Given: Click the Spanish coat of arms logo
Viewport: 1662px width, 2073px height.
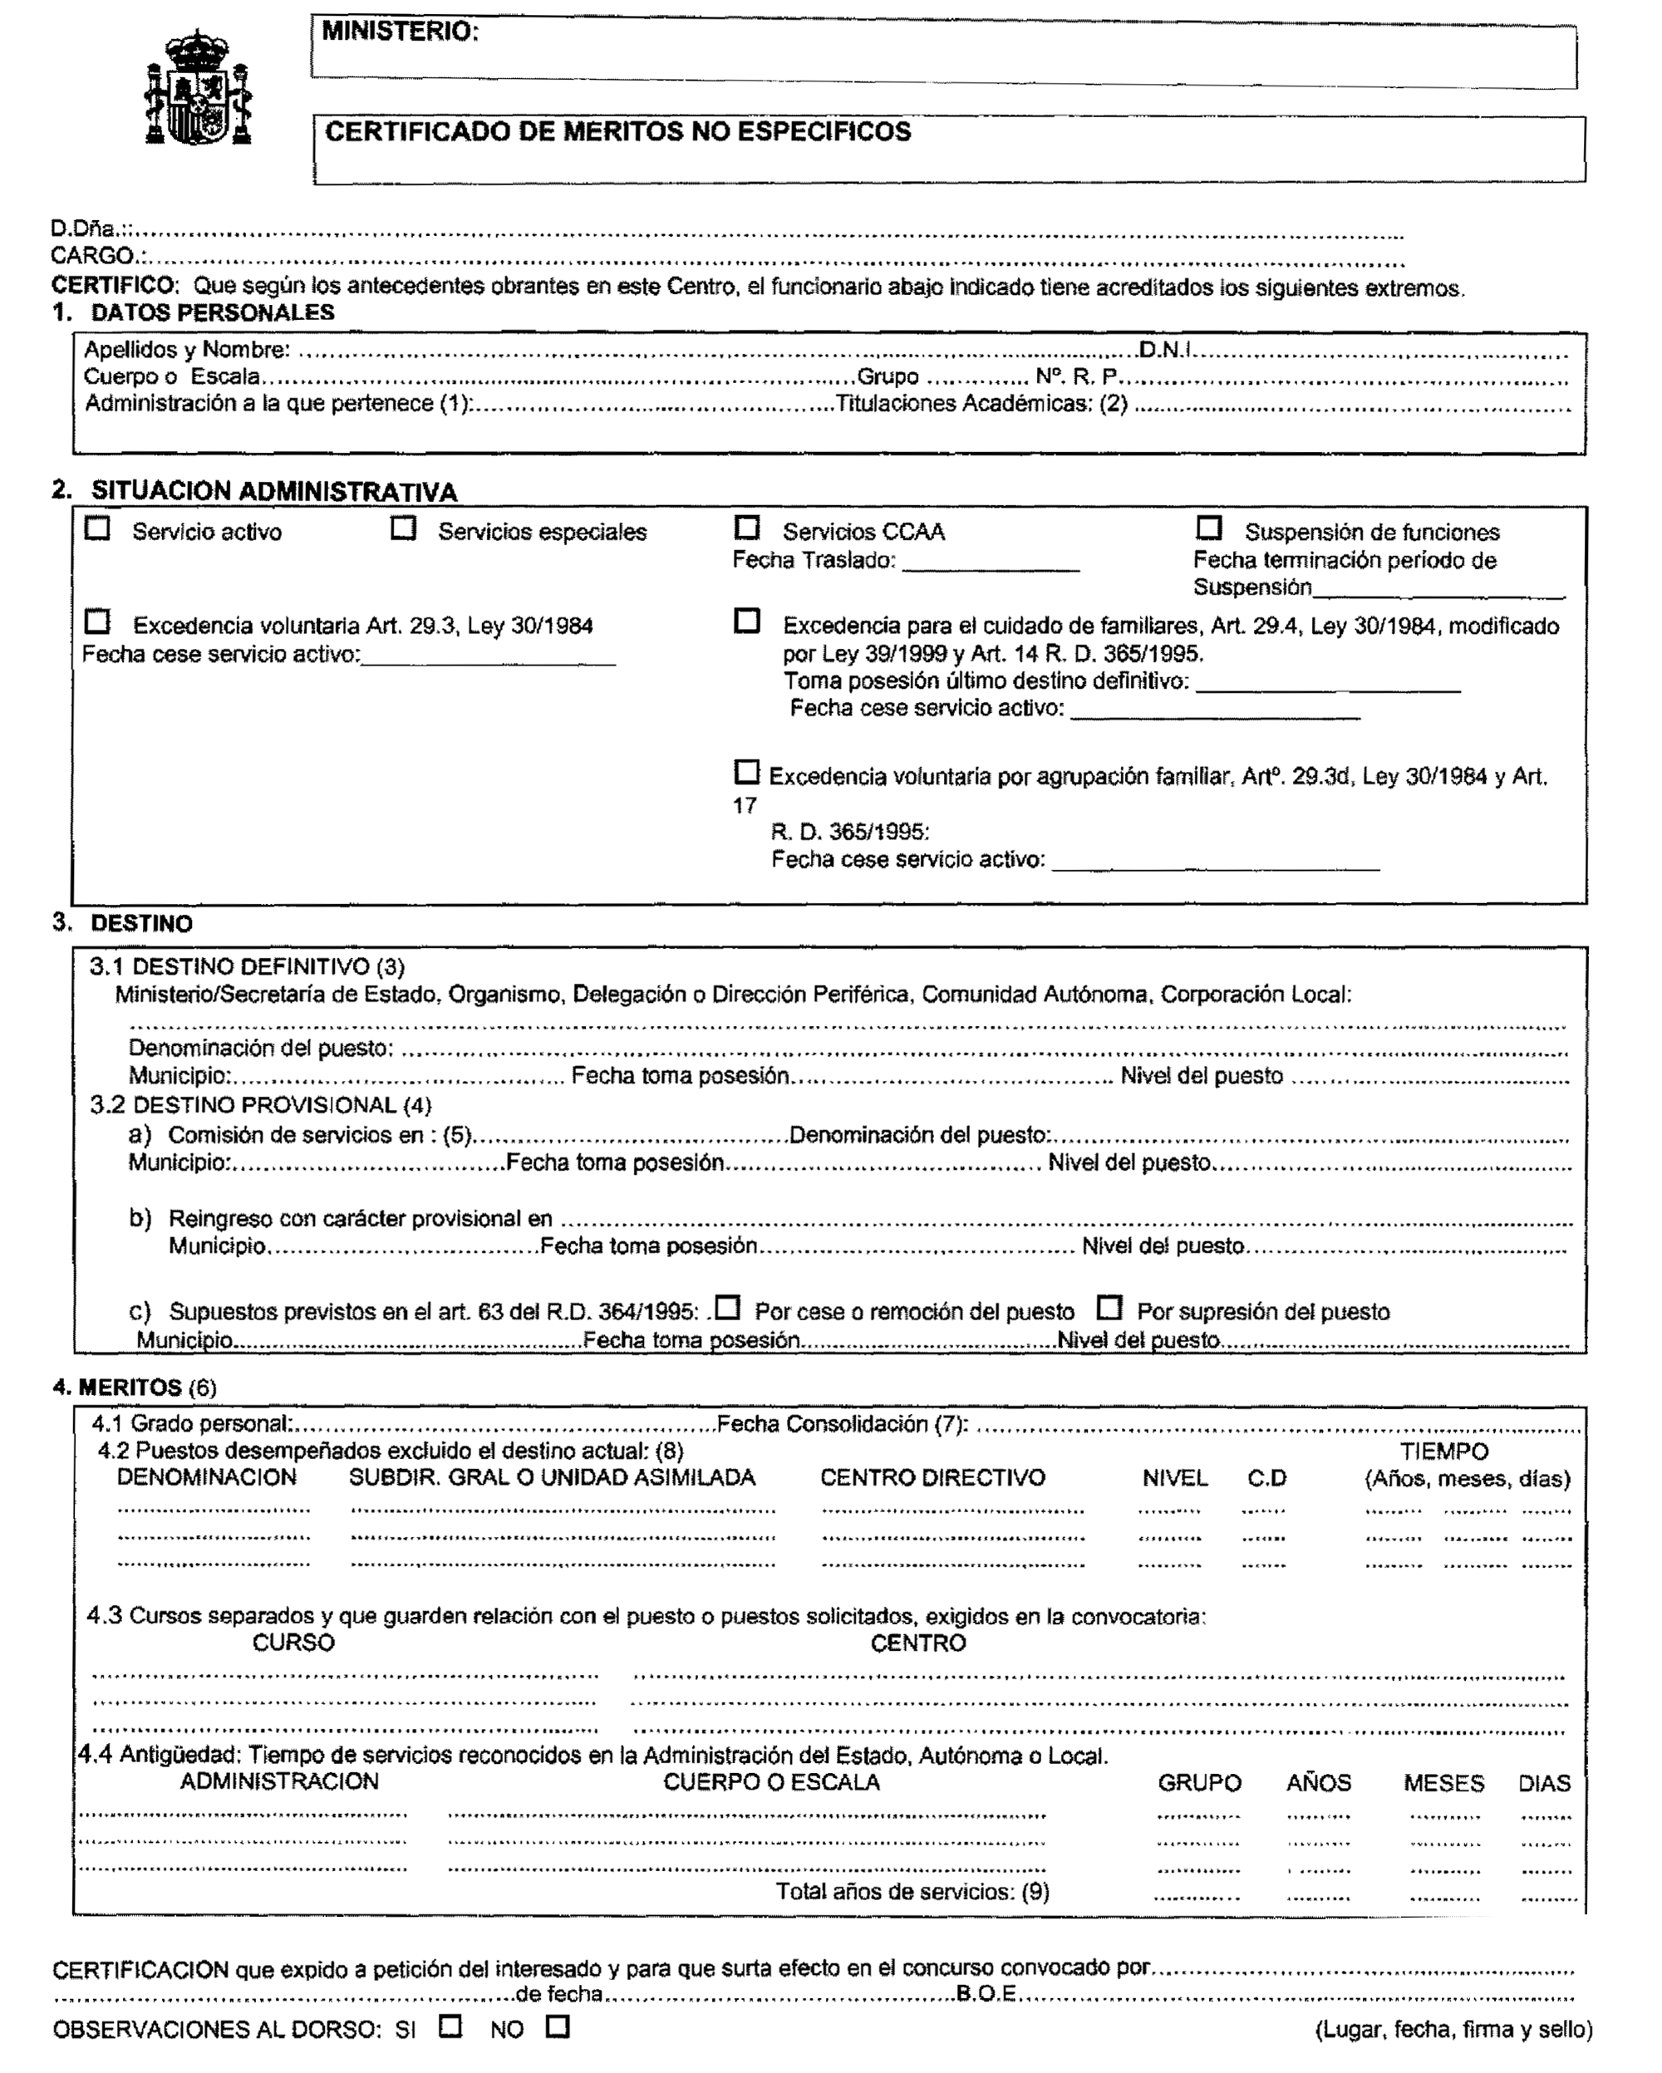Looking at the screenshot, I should (198, 88).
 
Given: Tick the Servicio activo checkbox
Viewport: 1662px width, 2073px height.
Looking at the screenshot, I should (97, 528).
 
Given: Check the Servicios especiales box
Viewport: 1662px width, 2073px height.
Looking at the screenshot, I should (403, 528).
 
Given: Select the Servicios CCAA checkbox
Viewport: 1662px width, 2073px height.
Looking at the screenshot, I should (746, 528).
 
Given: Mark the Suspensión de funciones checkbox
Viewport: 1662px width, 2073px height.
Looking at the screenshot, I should (1208, 528).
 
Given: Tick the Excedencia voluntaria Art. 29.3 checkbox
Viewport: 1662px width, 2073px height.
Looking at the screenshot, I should (97, 622).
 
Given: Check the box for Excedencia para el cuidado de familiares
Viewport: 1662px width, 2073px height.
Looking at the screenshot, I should (746, 621).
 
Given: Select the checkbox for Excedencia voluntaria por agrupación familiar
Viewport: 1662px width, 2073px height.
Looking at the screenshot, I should (746, 772).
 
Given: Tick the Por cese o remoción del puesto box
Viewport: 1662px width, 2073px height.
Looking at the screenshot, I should (728, 1308).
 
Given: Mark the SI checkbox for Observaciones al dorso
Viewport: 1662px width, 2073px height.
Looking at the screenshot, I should (450, 2026).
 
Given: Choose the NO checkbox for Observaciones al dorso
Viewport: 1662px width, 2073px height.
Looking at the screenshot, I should (557, 2026).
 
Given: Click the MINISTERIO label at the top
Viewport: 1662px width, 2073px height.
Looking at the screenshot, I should (400, 32).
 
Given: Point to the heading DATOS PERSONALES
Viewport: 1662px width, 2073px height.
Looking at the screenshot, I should (213, 312).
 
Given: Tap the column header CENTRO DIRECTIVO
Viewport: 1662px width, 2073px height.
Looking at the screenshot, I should (932, 1478).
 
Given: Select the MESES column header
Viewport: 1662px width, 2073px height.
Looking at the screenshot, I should (1443, 1783).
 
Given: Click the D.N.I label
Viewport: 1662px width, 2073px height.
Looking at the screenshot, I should (1165, 349).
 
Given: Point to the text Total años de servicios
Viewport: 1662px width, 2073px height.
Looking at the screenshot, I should (912, 1891).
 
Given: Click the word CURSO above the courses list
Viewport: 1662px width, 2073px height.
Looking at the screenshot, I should (293, 1643).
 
